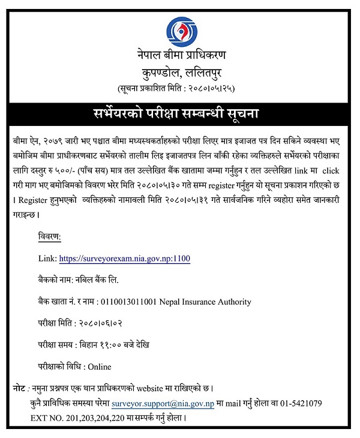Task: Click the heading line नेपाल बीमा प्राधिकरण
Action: pos(179,57)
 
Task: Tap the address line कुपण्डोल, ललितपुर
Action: pos(179,73)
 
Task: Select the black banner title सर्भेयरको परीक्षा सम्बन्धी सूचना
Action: pos(179,113)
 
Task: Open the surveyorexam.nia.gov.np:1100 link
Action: pos(125,259)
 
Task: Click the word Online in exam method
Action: pos(99,367)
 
